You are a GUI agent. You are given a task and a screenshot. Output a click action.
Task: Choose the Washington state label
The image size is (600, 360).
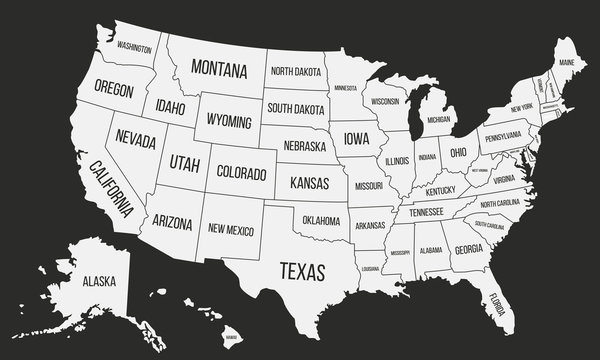coord(135,47)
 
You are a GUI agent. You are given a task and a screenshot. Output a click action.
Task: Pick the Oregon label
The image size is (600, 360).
coord(114,88)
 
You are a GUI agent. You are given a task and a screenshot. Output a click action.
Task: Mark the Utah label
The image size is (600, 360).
coord(185,162)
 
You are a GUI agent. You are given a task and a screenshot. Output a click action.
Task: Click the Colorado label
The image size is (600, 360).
coord(242,171)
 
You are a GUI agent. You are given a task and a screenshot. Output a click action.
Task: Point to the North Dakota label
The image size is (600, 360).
coord(295,72)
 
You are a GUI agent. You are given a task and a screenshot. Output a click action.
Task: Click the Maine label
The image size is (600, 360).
coord(567,62)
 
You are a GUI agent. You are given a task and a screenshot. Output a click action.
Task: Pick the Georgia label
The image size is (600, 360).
coord(468,250)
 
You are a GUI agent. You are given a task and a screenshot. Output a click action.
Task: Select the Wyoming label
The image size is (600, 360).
coord(229,120)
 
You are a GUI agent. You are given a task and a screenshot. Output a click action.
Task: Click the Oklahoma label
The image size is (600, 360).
coord(321,220)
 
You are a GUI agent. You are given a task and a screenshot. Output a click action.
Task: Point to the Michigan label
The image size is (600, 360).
coord(438,120)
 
